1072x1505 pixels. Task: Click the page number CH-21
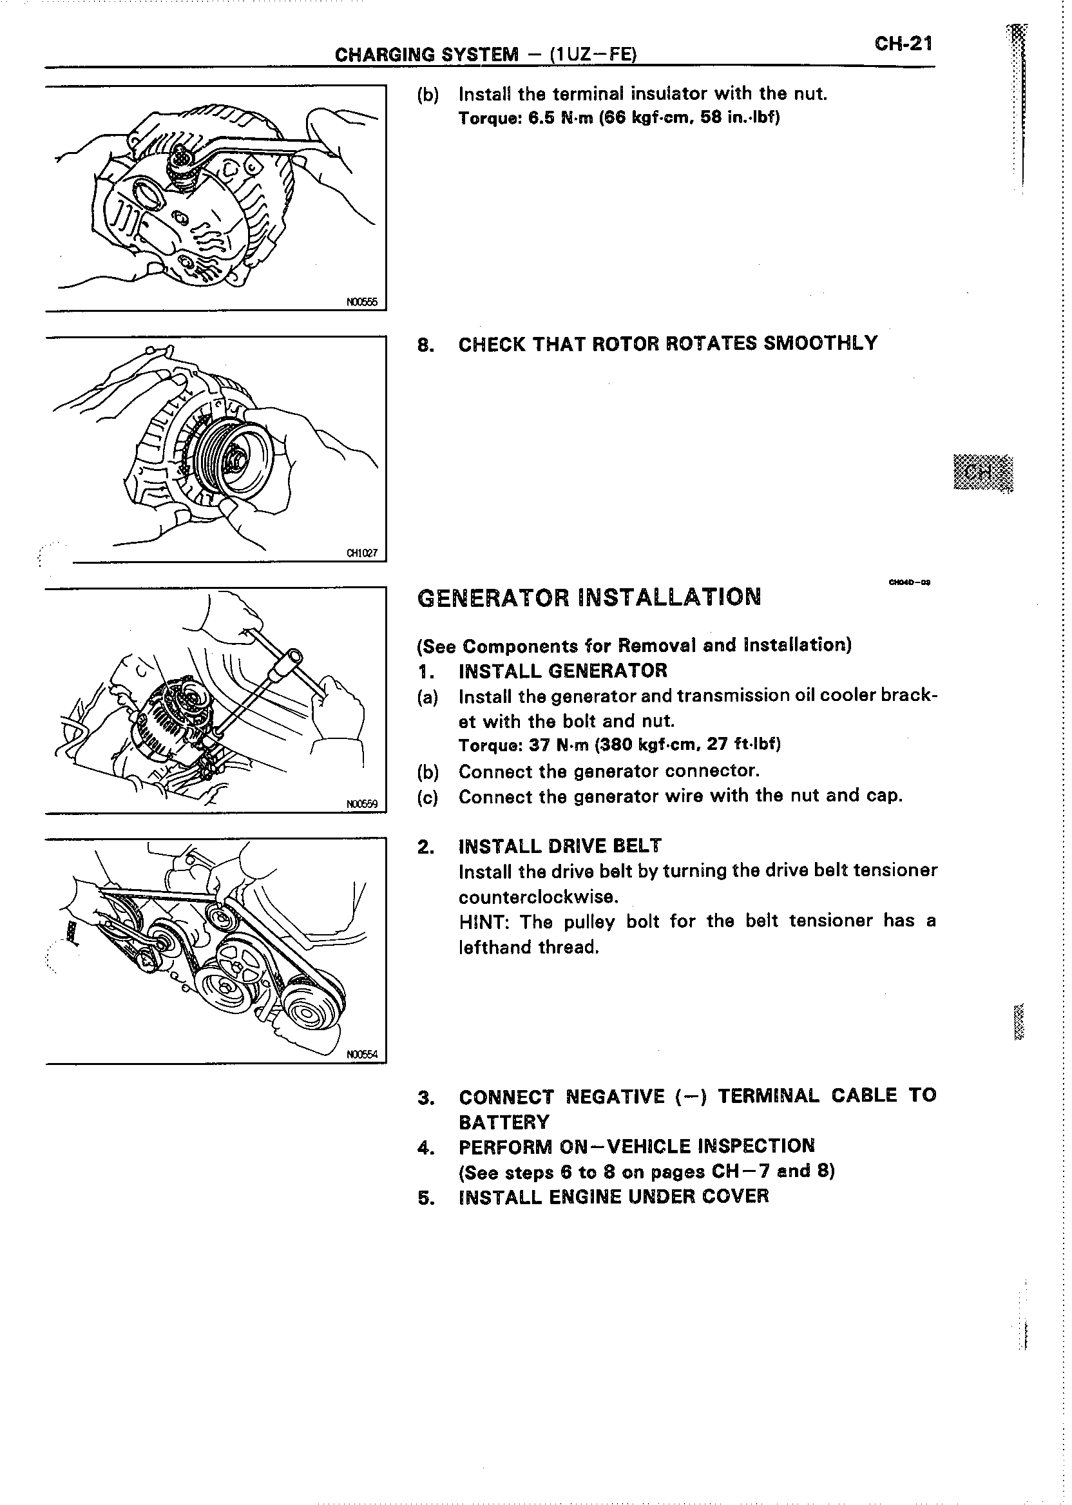(903, 44)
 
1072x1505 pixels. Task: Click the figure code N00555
(361, 302)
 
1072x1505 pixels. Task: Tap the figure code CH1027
(361, 553)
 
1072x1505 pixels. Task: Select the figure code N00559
(361, 804)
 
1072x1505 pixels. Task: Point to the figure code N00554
(361, 1055)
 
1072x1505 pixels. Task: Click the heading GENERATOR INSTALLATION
(589, 597)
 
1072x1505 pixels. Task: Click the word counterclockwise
(538, 896)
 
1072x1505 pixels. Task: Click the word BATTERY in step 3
(504, 1123)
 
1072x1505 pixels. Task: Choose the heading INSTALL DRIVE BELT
(560, 846)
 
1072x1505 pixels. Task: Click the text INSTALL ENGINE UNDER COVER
(613, 1197)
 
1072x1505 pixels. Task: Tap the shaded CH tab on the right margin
(983, 473)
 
